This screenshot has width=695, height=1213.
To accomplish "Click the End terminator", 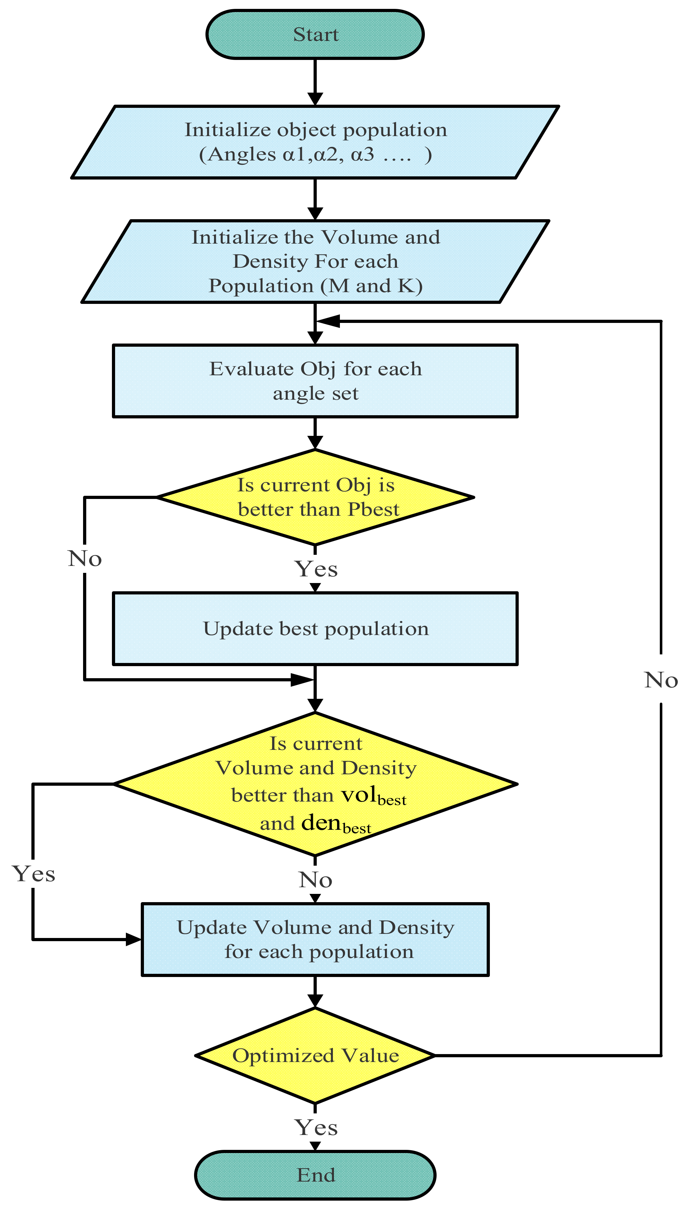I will [x=315, y=1175].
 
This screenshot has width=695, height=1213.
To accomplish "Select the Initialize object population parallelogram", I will [x=315, y=142].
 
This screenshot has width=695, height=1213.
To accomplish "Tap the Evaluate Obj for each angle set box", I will [x=315, y=381].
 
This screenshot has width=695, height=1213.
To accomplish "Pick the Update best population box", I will [x=315, y=628].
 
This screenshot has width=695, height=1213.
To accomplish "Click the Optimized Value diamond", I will [x=315, y=1055].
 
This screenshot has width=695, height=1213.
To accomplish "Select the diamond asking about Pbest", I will [x=315, y=497].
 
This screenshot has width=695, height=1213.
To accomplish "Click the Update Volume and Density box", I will [x=315, y=939].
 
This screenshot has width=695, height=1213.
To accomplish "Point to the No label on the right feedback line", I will [x=661, y=679].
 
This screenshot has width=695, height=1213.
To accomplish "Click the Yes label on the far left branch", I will [x=33, y=874].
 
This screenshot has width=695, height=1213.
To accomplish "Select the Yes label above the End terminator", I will [x=316, y=1128].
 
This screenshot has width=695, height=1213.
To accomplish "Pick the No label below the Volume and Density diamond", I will [x=315, y=880].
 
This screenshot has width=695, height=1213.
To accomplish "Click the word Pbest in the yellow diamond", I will [x=373, y=509].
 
